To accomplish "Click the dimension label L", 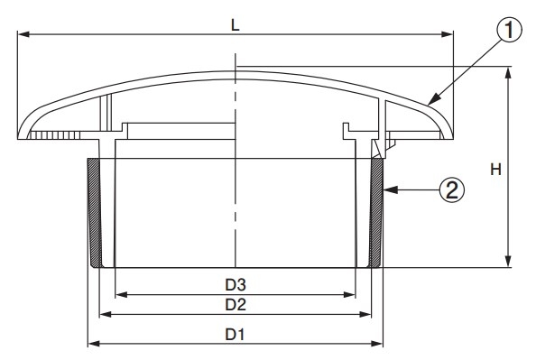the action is tap(236, 25).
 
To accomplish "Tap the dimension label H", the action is tap(495, 170).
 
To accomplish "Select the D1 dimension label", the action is tap(236, 335).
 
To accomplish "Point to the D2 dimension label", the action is tap(236, 304).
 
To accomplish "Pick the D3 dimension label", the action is tap(236, 284).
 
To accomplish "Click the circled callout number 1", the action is tap(509, 30).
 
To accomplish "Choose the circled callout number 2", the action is tap(452, 189).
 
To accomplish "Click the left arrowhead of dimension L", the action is tap(23, 34).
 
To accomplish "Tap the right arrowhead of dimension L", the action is tap(448, 34).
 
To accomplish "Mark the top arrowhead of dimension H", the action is tap(508, 72).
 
